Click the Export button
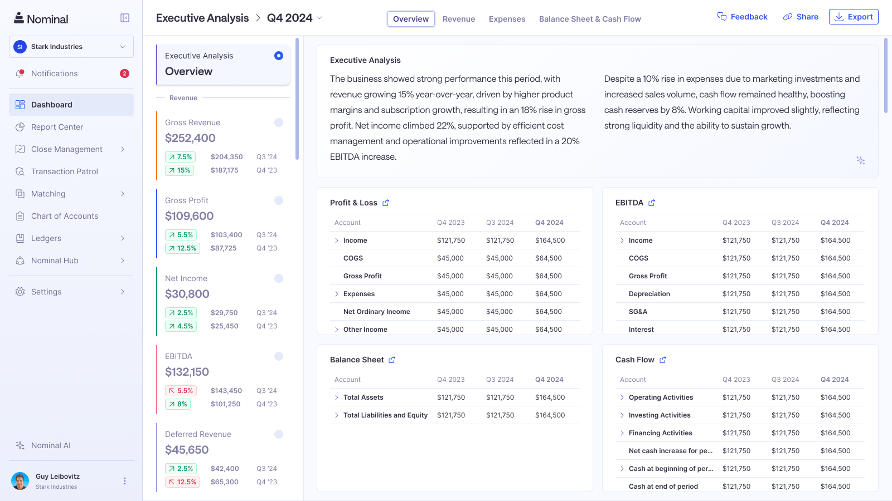(x=854, y=17)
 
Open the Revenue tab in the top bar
(x=459, y=19)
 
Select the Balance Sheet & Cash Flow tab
(x=590, y=19)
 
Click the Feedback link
(x=742, y=17)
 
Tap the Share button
(x=801, y=17)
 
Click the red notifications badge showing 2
(x=125, y=73)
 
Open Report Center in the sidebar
(x=57, y=127)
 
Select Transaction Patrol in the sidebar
(x=64, y=171)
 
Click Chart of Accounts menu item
(x=64, y=216)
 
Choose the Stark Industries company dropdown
(x=71, y=47)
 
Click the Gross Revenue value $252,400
(x=190, y=138)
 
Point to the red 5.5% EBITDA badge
(x=181, y=391)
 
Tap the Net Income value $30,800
(x=187, y=294)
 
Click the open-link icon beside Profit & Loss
(x=386, y=203)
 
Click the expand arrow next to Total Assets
(x=337, y=397)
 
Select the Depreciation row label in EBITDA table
(x=649, y=294)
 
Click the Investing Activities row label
(x=660, y=415)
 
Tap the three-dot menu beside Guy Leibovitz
(x=125, y=481)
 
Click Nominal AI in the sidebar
(x=51, y=445)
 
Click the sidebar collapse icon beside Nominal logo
(x=125, y=18)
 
